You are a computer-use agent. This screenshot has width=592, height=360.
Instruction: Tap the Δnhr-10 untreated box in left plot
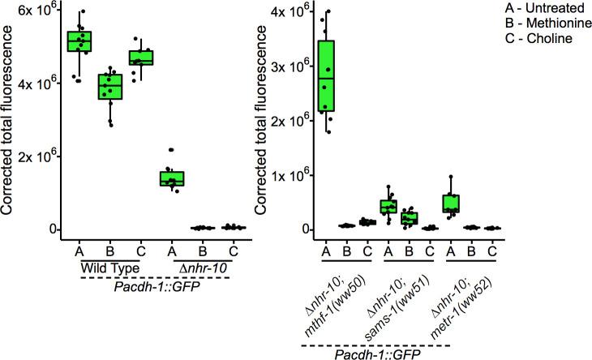click(x=172, y=178)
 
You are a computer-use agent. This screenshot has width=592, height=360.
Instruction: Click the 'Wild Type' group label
click(x=110, y=267)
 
